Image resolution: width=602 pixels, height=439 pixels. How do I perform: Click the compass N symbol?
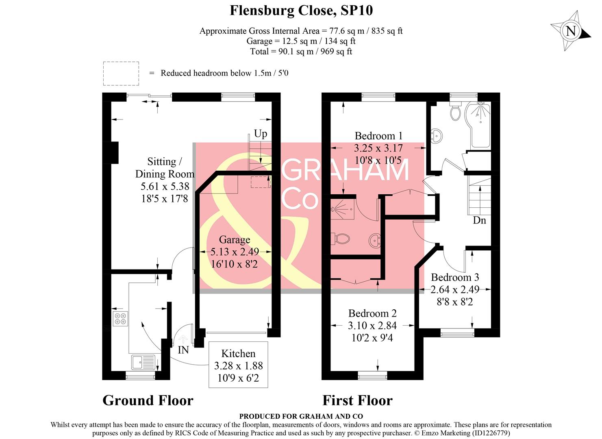point(571,31)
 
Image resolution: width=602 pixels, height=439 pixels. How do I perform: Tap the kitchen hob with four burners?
point(120,319)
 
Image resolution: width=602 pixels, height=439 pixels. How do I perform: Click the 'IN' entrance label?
point(183,350)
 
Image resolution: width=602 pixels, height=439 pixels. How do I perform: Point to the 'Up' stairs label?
point(261,133)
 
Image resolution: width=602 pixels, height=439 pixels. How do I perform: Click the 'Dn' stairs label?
point(479,220)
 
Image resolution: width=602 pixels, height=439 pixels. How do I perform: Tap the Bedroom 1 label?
point(378,136)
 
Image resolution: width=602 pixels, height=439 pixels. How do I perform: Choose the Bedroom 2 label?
point(372,313)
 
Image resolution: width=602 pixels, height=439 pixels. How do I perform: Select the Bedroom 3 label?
point(455,277)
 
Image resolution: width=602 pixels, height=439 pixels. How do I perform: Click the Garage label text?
point(235,239)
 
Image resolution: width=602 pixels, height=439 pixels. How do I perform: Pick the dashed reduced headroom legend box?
point(121,74)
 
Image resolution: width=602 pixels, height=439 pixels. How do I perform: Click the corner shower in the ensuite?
point(341,208)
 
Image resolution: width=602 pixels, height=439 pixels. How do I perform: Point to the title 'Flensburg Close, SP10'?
point(301,10)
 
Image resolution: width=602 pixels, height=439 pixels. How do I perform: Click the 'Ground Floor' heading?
point(148,400)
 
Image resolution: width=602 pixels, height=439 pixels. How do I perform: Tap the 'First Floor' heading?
point(357,400)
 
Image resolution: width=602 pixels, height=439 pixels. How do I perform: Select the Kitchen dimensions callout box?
point(238,365)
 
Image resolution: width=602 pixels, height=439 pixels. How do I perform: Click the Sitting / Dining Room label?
point(165,167)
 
